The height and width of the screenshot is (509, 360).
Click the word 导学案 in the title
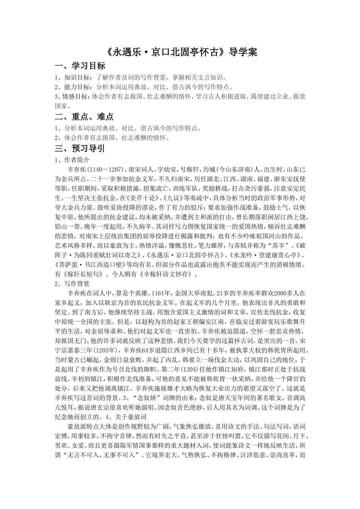click(243, 52)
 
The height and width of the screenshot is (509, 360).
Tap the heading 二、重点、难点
click(84, 117)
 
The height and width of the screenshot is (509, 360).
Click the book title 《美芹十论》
click(145, 198)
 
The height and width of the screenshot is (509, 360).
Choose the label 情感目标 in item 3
click(75, 97)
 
